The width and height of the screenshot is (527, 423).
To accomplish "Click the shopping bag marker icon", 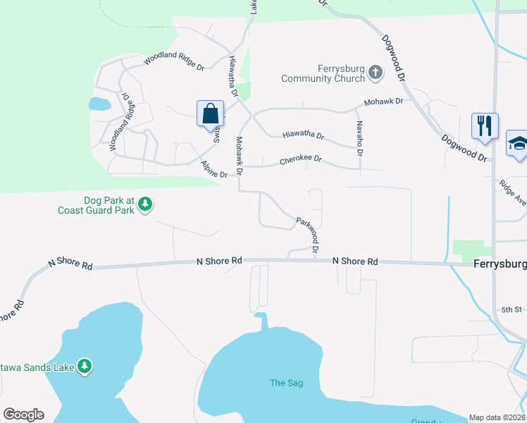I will tap(211, 114).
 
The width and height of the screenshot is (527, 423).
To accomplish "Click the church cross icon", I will tap(376, 71).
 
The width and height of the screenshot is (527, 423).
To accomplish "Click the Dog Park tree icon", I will tap(145, 204).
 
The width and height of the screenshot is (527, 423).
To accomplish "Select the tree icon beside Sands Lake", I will tap(85, 366).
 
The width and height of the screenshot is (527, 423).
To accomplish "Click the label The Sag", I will tap(287, 383).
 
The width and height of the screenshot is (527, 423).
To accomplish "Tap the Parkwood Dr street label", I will tap(309, 235).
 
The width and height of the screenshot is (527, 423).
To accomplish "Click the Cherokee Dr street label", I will tap(300, 160).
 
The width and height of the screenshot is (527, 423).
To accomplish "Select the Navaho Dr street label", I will tap(359, 138).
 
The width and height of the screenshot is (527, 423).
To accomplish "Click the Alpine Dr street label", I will tap(214, 170).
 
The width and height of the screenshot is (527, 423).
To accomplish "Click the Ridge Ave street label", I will tap(512, 192).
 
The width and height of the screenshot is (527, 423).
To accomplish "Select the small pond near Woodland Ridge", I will tap(99, 104).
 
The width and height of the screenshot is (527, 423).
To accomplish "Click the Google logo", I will tap(23, 415).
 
